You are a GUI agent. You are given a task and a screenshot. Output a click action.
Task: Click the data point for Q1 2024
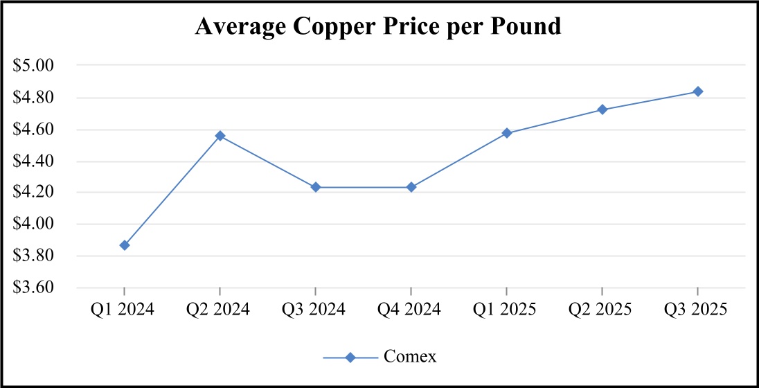pyautogui.click(x=125, y=245)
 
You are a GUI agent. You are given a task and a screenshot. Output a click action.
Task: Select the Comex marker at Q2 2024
pyautogui.click(x=220, y=136)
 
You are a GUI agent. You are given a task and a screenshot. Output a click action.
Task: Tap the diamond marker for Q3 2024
pyautogui.click(x=316, y=187)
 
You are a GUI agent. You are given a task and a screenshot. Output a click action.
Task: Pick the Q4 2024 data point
pyautogui.click(x=411, y=187)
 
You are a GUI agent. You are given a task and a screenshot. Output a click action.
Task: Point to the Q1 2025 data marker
pyautogui.click(x=507, y=133)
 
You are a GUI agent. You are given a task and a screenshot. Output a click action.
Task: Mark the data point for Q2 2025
pyautogui.click(x=602, y=109)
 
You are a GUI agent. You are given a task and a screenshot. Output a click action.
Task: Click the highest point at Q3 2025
pyautogui.click(x=698, y=91)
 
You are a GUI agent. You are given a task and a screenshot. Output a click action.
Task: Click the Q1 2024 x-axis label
pyautogui.click(x=125, y=309)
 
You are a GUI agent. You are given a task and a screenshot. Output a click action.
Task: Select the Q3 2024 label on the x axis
pyautogui.click(x=316, y=309)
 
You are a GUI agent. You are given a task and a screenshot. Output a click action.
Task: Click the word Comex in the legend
pyautogui.click(x=410, y=357)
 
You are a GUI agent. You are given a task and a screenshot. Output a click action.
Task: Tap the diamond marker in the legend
pyautogui.click(x=350, y=357)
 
